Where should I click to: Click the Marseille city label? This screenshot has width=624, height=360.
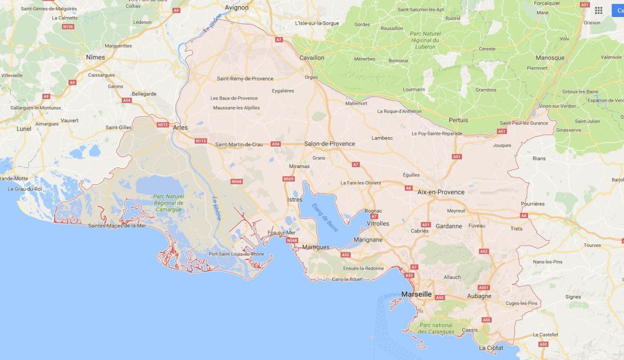tap(416, 294)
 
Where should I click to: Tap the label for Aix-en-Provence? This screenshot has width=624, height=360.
tap(441, 192)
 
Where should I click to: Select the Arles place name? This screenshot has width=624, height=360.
tap(180, 127)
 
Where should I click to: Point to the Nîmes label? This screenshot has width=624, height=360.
tap(95, 57)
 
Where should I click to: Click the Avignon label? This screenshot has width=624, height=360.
tap(237, 7)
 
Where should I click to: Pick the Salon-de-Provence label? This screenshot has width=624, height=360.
tap(330, 143)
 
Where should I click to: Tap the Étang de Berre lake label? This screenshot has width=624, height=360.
tap(325, 217)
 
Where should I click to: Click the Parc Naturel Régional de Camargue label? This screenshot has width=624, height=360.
tap(168, 203)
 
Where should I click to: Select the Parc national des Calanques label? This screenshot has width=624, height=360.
tap(436, 328)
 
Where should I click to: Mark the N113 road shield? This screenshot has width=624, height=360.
tap(201, 141)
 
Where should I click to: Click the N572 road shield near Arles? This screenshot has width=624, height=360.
tap(163, 124)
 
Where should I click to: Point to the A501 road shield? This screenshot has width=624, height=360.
tap(483, 287)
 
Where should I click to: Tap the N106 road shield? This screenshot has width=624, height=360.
tap(68, 26)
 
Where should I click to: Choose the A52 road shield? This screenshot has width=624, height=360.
tap(484, 251)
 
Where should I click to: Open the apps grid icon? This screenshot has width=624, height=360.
tap(598, 10)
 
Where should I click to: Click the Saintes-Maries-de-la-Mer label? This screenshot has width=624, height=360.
tap(117, 225)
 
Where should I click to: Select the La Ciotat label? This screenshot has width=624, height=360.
tap(491, 347)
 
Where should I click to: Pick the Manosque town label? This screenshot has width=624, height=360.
tap(550, 57)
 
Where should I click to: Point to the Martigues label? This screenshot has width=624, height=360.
tap(316, 247)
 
